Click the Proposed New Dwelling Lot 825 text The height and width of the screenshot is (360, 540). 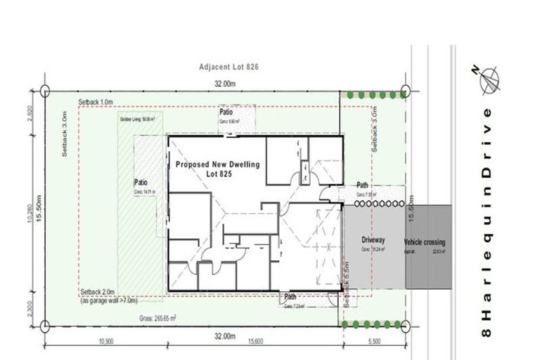217,169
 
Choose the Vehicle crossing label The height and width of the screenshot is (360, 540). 425,243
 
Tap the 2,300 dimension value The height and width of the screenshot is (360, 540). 30,308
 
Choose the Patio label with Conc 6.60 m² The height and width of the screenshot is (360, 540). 226,112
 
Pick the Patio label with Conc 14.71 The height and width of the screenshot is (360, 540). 141,182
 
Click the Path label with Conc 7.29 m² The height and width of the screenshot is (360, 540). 290,297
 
